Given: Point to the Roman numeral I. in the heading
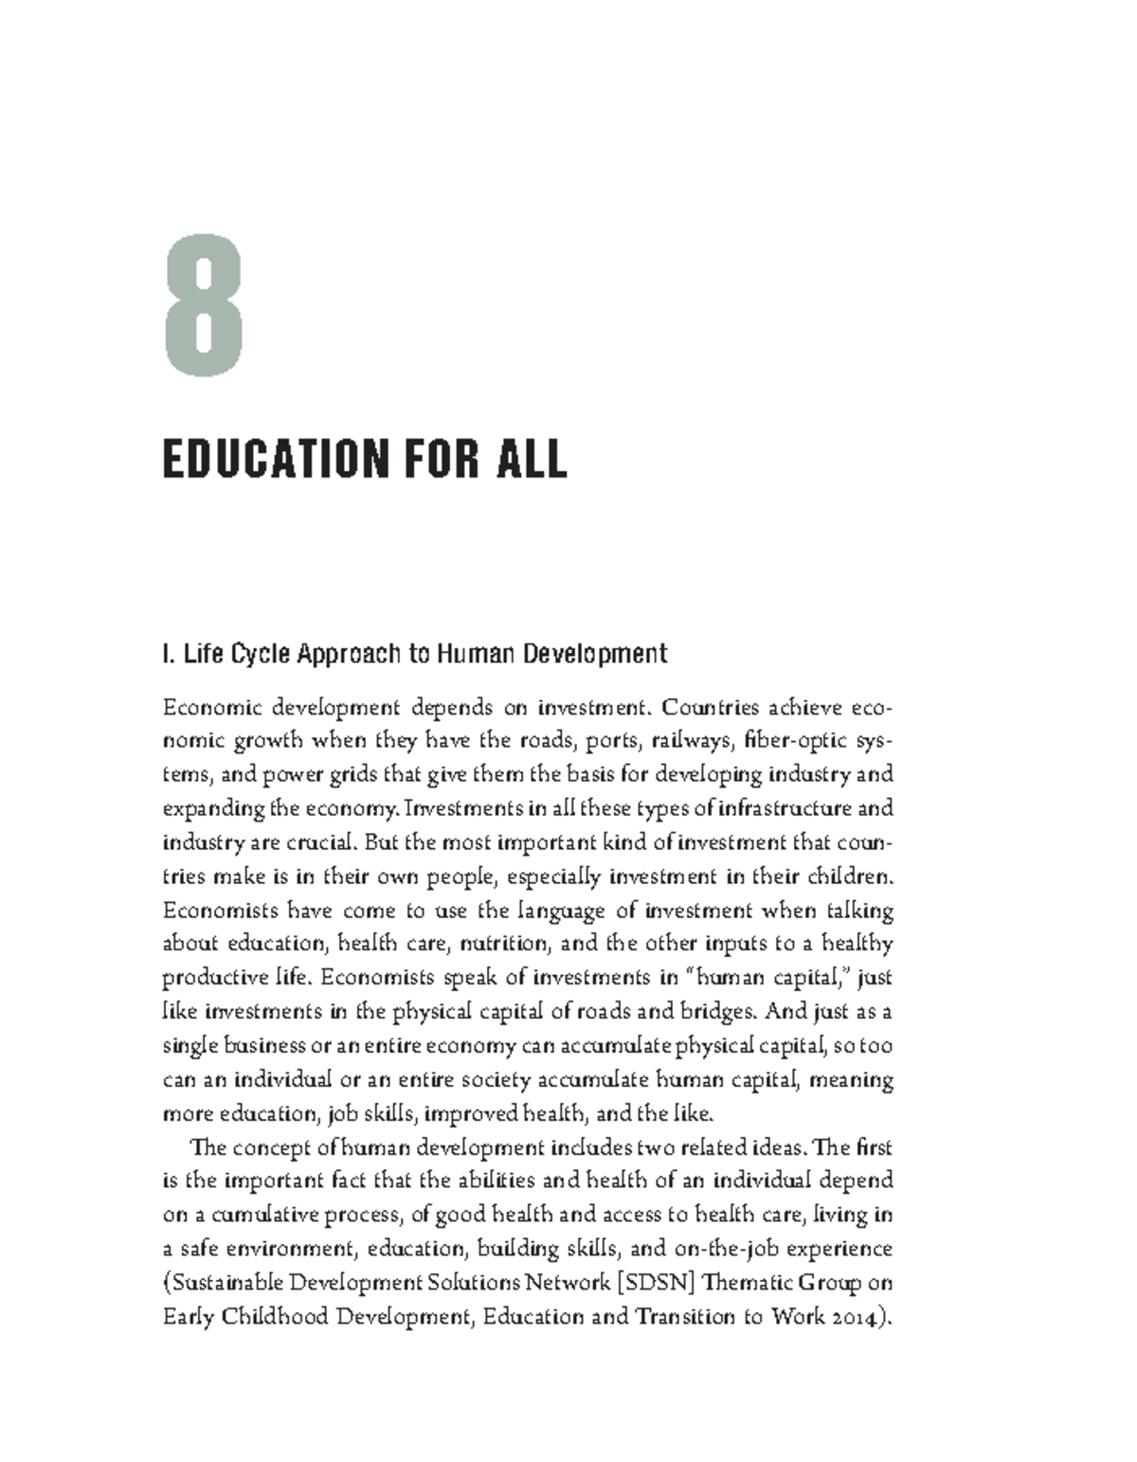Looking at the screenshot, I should point(170,654).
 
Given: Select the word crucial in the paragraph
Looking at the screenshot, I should point(316,842).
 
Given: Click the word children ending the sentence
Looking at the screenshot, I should point(849,876).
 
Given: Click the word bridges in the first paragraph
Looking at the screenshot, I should point(719,1012).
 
